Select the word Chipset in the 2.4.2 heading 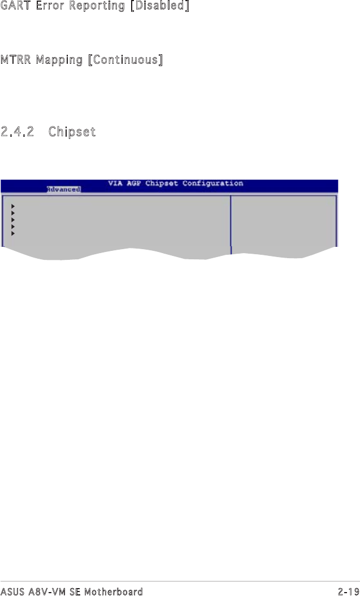point(72,132)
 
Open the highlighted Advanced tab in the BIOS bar point(63,189)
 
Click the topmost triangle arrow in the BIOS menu point(13,206)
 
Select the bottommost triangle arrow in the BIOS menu point(13,233)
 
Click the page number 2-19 point(348,591)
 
